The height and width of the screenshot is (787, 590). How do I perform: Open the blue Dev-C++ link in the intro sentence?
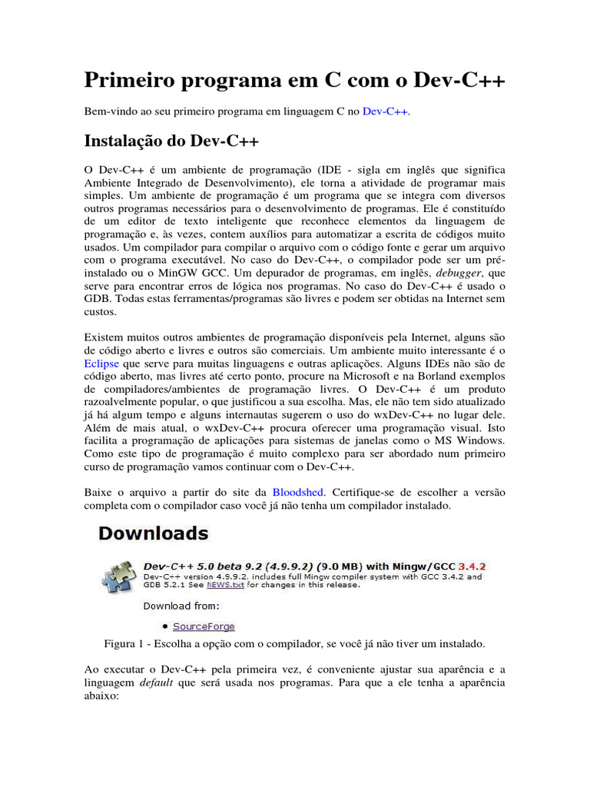click(386, 112)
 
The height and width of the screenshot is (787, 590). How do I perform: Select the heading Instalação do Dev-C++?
click(171, 141)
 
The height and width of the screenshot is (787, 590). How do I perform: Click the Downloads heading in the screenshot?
click(152, 533)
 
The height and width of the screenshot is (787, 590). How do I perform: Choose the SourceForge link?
click(204, 626)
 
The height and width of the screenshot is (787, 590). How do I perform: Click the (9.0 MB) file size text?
click(332, 566)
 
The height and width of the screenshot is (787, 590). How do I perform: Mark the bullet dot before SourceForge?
click(165, 626)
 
